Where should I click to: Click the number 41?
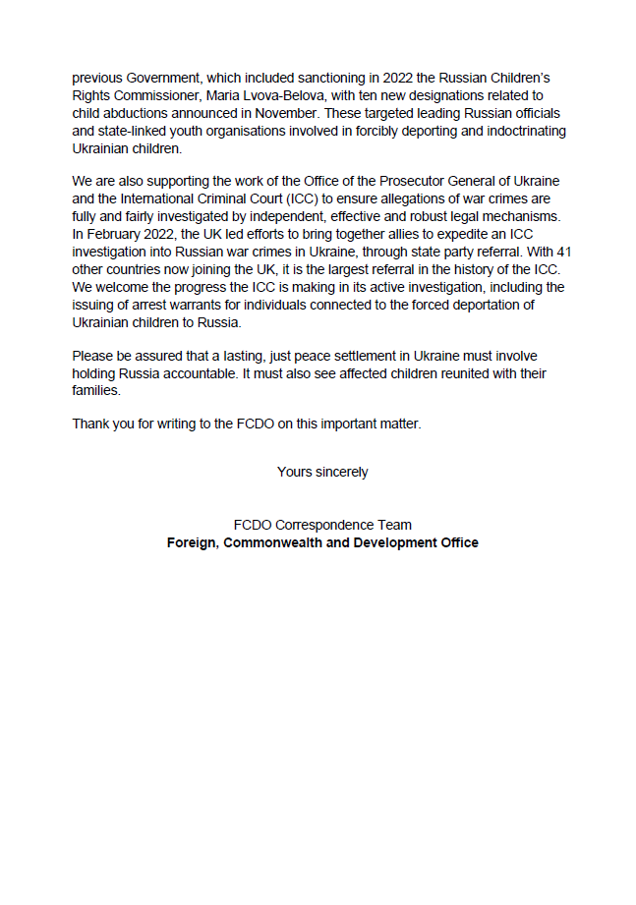(562, 253)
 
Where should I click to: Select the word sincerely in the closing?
(341, 472)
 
